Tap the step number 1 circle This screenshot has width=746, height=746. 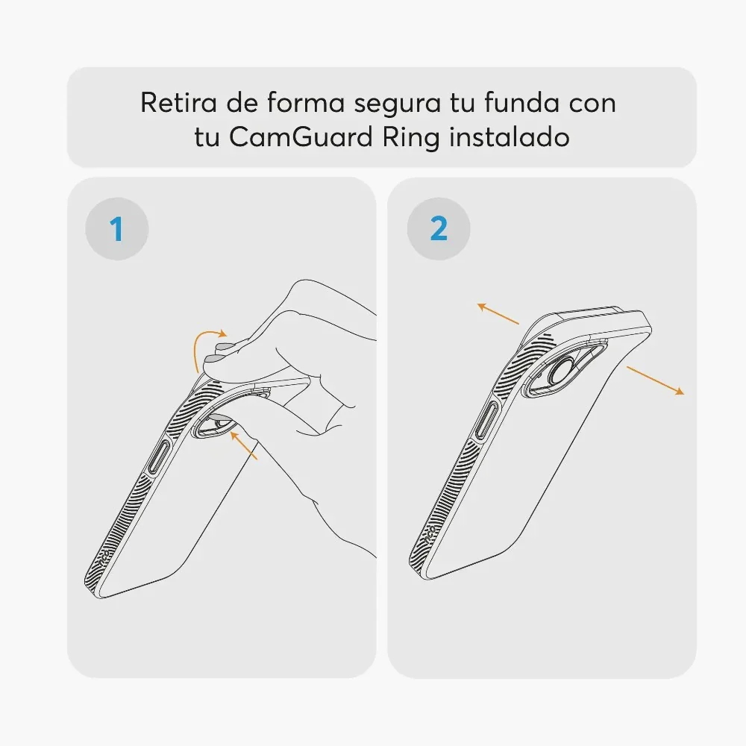[117, 229]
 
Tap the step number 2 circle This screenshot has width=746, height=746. [439, 229]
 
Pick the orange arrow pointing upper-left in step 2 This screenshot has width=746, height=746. [498, 313]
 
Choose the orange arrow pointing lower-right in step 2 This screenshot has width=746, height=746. [655, 380]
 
